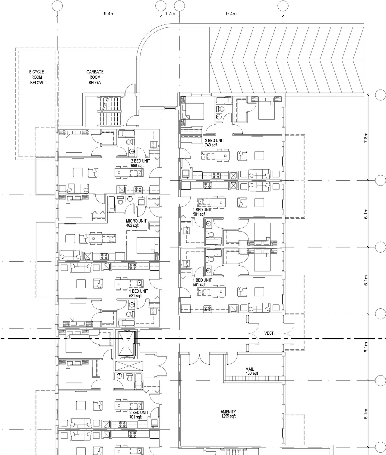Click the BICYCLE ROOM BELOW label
[36, 77]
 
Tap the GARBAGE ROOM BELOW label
[95, 77]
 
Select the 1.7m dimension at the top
[170, 14]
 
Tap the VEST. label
[269, 333]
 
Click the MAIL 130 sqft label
[250, 371]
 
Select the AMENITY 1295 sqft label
[228, 414]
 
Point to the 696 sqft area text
[137, 166]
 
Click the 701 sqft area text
[136, 417]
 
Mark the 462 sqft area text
[132, 225]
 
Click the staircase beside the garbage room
[110, 111]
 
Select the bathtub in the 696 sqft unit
[126, 133]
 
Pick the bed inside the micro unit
[147, 245]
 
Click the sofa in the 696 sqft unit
[78, 188]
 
